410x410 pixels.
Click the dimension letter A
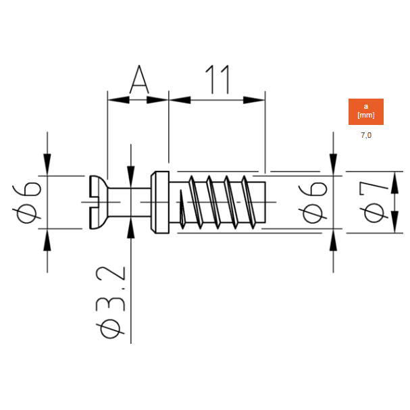click(139, 79)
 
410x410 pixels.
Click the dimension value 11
click(217, 79)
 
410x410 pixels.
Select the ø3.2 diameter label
click(110, 303)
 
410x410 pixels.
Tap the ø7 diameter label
click(374, 202)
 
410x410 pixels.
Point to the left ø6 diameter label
click(26, 202)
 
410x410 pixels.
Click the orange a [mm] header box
click(366, 111)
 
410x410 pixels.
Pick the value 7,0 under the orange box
click(366, 135)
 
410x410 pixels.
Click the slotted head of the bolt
click(99, 202)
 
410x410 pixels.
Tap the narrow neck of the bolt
click(130, 202)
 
